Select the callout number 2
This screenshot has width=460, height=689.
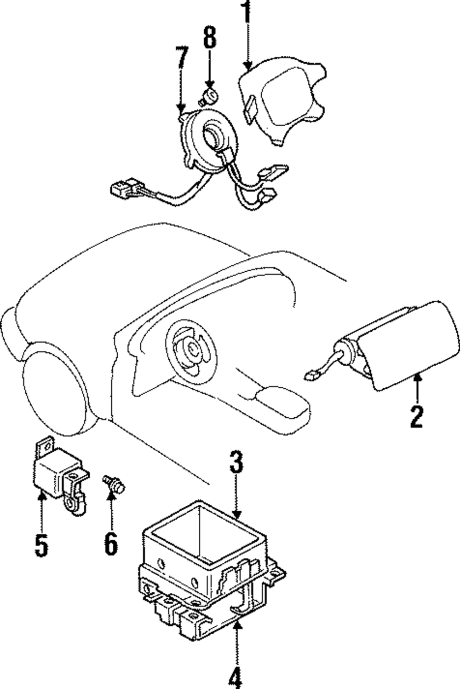[416, 417]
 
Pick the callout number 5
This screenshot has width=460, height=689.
[41, 546]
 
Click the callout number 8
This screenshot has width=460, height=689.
[209, 38]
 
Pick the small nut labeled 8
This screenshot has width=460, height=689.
[209, 96]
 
